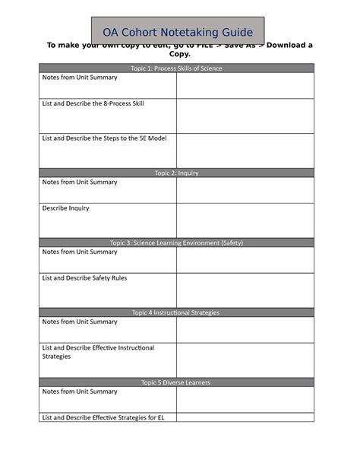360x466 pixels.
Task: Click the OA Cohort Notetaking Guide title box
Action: click(178, 31)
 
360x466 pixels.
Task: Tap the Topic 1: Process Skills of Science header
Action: click(176, 68)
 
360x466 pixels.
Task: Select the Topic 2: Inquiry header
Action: click(176, 173)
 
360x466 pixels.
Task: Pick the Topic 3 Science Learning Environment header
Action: click(176, 243)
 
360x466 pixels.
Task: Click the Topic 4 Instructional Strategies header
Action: click(176, 312)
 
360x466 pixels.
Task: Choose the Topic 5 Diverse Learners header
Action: click(176, 382)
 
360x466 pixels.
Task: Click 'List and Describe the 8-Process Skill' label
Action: click(93, 103)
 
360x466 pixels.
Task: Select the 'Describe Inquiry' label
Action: click(65, 208)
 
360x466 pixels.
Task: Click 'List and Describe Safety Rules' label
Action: click(84, 278)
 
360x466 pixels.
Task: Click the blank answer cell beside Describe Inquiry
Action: click(245, 220)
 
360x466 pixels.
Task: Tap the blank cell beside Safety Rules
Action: click(245, 290)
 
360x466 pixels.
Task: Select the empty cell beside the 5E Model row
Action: click(245, 150)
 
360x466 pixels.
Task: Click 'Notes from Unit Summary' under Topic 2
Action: click(80, 182)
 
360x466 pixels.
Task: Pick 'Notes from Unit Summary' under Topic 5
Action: click(80, 392)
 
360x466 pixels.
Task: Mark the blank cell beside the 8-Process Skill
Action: click(245, 115)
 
